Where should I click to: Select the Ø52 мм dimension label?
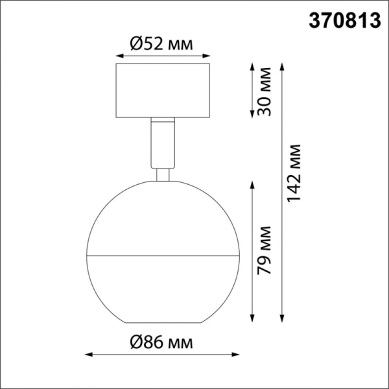pyautogui.click(x=162, y=43)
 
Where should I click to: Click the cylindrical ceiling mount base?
pyautogui.click(x=162, y=91)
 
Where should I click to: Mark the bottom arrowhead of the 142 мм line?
pyautogui.click(x=283, y=320)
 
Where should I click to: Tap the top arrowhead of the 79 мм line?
pyautogui.click(x=252, y=184)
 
